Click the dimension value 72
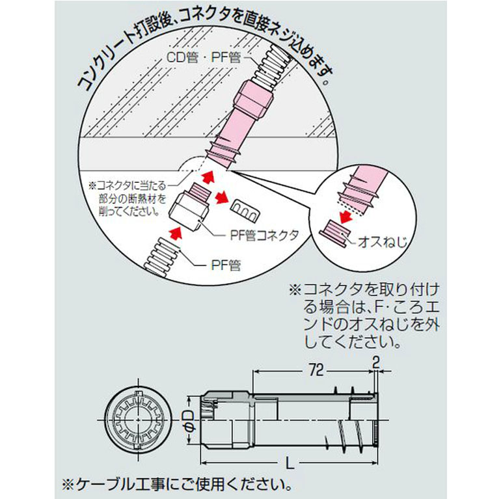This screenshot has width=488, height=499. (x=316, y=370)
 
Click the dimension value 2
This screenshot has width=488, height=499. (x=376, y=362)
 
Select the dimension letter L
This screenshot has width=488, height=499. (x=290, y=463)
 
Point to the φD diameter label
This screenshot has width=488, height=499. (x=189, y=421)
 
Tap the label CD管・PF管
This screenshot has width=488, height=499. (x=204, y=58)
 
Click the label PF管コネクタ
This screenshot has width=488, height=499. (x=264, y=235)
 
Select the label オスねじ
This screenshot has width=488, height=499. (x=383, y=242)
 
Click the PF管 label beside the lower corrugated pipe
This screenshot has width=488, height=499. (x=226, y=265)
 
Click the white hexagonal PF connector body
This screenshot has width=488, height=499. (x=188, y=211)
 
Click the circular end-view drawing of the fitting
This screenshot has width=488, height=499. (x=138, y=421)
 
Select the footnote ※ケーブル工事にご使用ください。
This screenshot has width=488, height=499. (x=177, y=485)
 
